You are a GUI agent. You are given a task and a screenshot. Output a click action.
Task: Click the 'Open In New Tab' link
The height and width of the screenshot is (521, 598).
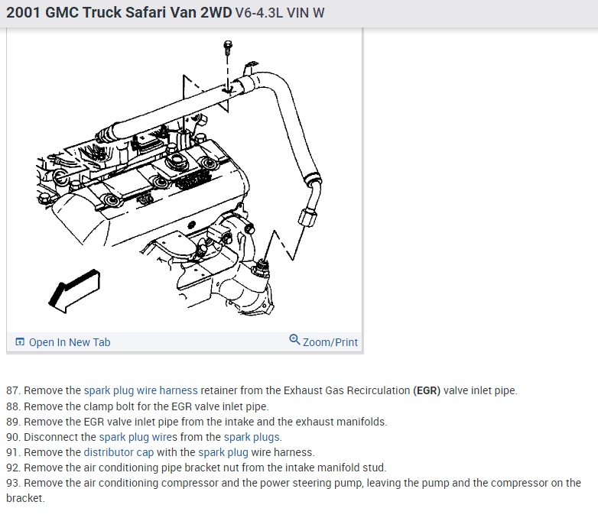pos(69,342)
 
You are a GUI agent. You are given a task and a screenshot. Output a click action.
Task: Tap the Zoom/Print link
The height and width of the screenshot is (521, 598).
pos(330,342)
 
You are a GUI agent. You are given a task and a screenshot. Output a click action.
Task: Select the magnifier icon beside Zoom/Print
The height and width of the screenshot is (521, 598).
pos(295,341)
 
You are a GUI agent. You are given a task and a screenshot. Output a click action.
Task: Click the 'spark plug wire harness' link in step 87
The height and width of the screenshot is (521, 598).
pos(141,390)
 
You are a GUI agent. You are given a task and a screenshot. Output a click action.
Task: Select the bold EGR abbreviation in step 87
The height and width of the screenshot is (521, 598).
pos(427,390)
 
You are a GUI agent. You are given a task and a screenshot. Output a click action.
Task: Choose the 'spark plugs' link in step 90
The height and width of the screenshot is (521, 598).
pos(252,437)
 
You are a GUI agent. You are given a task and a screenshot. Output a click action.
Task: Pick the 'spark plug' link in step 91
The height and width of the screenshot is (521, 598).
pos(223,452)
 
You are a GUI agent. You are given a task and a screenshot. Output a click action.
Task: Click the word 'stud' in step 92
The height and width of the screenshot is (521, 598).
pos(375,468)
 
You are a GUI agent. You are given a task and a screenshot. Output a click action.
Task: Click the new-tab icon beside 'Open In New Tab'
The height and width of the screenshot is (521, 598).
pos(20,342)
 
